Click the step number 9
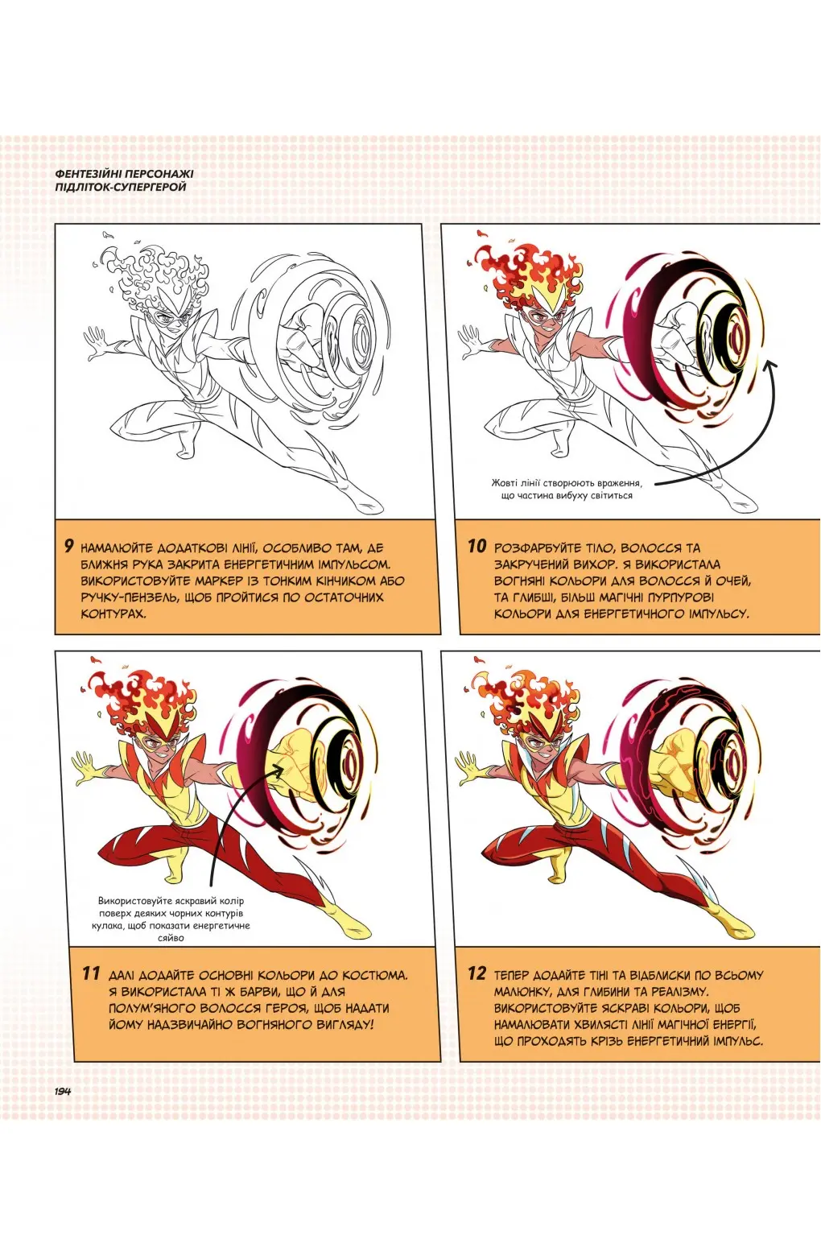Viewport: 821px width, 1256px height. pyautogui.click(x=69, y=546)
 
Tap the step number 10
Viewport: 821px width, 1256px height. pyautogui.click(x=477, y=546)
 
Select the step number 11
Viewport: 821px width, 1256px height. pyautogui.click(x=91, y=973)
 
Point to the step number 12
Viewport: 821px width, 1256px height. pyautogui.click(x=477, y=973)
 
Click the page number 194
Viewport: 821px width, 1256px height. pyautogui.click(x=62, y=1091)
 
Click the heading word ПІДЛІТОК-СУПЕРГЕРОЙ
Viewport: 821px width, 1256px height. pyautogui.click(x=117, y=187)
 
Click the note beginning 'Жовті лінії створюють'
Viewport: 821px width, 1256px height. pyautogui.click(x=567, y=489)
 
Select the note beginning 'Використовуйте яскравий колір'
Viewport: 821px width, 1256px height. pyautogui.click(x=171, y=919)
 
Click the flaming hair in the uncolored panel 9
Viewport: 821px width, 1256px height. pyautogui.click(x=153, y=266)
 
